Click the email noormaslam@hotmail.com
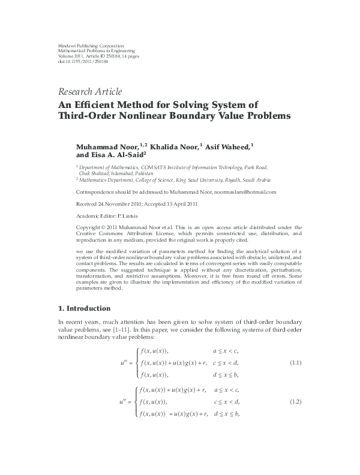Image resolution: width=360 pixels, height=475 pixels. (230, 192)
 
